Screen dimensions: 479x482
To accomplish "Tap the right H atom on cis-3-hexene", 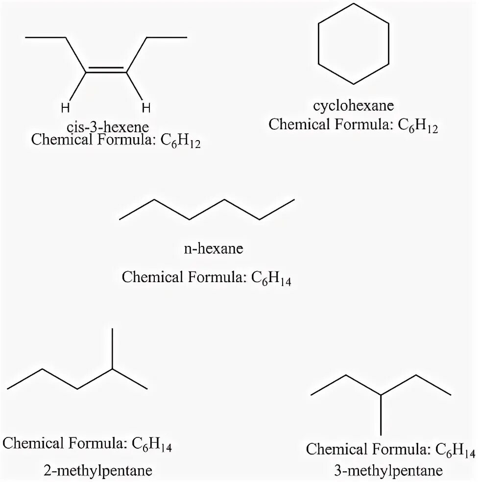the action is [145, 107].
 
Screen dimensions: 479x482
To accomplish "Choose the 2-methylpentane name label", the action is [98, 471].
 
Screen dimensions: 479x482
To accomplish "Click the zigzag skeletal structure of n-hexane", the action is [206, 211].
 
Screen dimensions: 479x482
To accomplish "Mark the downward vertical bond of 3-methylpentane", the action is [381, 414].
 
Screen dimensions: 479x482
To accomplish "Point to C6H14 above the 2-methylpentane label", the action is [152, 445].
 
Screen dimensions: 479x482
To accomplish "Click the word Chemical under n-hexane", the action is [150, 277].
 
